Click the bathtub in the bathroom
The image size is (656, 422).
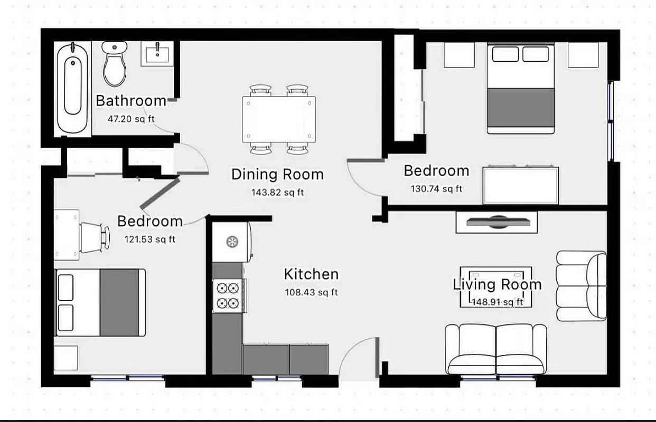click(x=73, y=88)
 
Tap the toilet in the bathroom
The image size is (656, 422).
click(x=115, y=64)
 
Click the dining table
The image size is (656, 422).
click(x=279, y=119)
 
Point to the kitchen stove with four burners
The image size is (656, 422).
click(x=228, y=296)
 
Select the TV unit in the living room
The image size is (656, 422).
click(x=496, y=222)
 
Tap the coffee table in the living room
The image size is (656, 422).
click(x=495, y=287)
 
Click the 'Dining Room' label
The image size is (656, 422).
click(x=277, y=174)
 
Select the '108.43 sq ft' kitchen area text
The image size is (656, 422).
click(x=311, y=292)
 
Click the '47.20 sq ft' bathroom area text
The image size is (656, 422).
click(x=131, y=119)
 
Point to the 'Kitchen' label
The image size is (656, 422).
click(x=311, y=274)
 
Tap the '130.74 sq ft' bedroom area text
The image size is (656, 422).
click(x=436, y=188)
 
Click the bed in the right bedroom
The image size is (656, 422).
click(x=520, y=89)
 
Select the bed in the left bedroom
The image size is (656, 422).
click(x=100, y=302)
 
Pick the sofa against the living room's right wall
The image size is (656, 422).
click(x=581, y=285)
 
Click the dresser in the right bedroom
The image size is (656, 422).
click(x=521, y=185)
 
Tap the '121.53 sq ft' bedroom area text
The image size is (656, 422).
click(x=150, y=239)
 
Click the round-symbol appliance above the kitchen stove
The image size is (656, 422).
click(x=231, y=242)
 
